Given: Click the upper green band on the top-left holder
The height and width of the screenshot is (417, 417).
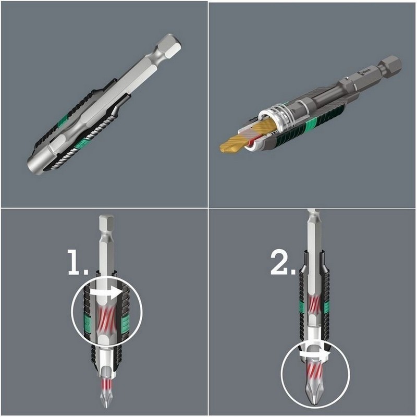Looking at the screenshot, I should pyautogui.click(x=63, y=122).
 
